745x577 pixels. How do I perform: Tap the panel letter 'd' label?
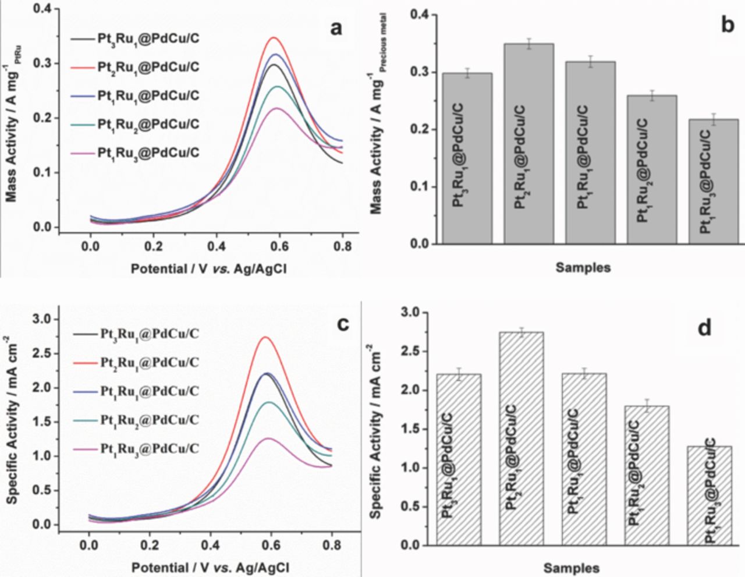(x=704, y=328)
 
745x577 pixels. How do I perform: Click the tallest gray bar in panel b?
(x=528, y=143)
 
